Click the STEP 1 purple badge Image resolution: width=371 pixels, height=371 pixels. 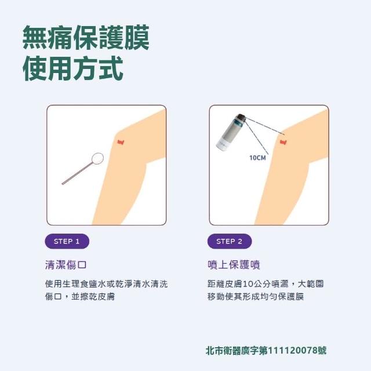point(67,241)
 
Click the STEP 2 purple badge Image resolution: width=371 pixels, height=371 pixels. point(230,241)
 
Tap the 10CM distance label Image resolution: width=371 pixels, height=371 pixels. point(257,158)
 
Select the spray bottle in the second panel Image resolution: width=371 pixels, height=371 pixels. point(231,133)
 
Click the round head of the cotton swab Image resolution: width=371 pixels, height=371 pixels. point(97,158)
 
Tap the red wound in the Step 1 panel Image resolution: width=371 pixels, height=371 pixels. point(121,142)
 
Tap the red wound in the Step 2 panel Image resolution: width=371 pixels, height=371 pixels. point(283,142)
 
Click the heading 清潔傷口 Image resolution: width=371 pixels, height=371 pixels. point(66,264)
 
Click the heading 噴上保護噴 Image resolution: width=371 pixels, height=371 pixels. point(234,264)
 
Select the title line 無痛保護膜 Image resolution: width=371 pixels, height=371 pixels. point(86,37)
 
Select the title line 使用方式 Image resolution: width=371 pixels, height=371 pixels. point(73,68)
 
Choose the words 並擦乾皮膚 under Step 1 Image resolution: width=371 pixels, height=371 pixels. point(93,296)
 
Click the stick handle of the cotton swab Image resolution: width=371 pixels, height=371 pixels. point(77,173)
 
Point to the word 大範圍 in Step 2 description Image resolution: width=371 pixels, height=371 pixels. point(311,283)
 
